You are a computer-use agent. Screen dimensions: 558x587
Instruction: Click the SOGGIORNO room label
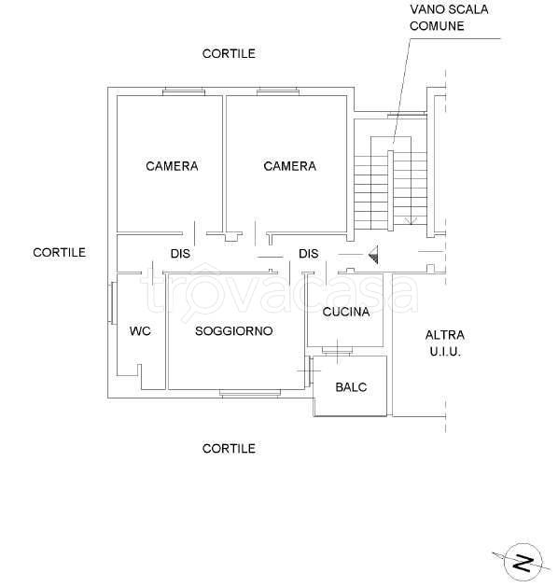(233, 331)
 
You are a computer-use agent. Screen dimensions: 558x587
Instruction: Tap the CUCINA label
(346, 312)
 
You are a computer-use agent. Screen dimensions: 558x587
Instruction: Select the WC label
(140, 331)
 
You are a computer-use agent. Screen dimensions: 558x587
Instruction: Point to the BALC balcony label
(351, 387)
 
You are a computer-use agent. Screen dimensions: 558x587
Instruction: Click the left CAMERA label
(172, 166)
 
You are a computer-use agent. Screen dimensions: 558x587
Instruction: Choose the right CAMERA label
(289, 166)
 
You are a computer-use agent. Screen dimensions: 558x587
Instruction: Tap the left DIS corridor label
(180, 254)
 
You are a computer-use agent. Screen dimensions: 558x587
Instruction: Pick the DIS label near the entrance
(309, 254)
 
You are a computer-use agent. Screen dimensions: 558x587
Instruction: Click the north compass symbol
(523, 563)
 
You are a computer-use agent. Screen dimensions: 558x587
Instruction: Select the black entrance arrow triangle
(373, 256)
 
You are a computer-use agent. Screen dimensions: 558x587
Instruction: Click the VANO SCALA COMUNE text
(449, 18)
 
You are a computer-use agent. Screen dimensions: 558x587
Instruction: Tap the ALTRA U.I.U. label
(445, 343)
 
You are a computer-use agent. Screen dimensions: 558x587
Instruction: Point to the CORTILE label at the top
(229, 53)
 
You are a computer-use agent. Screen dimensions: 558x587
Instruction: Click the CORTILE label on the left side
(59, 253)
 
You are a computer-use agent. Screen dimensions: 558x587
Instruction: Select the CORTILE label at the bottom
(229, 449)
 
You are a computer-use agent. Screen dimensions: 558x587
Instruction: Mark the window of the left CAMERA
(184, 91)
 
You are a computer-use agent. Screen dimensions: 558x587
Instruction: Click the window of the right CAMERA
(278, 91)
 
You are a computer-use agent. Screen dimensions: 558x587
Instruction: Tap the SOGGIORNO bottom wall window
(250, 393)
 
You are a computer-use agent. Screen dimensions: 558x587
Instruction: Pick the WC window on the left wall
(112, 302)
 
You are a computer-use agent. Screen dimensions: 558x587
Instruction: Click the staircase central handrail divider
(390, 190)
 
